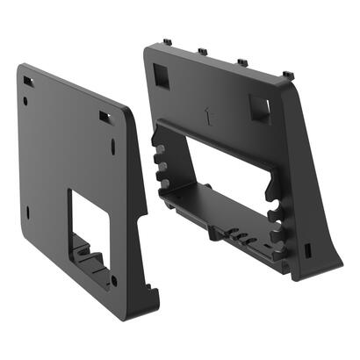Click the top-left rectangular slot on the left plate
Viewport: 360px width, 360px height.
[28, 82]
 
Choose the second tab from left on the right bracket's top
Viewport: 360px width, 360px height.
[202, 51]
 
